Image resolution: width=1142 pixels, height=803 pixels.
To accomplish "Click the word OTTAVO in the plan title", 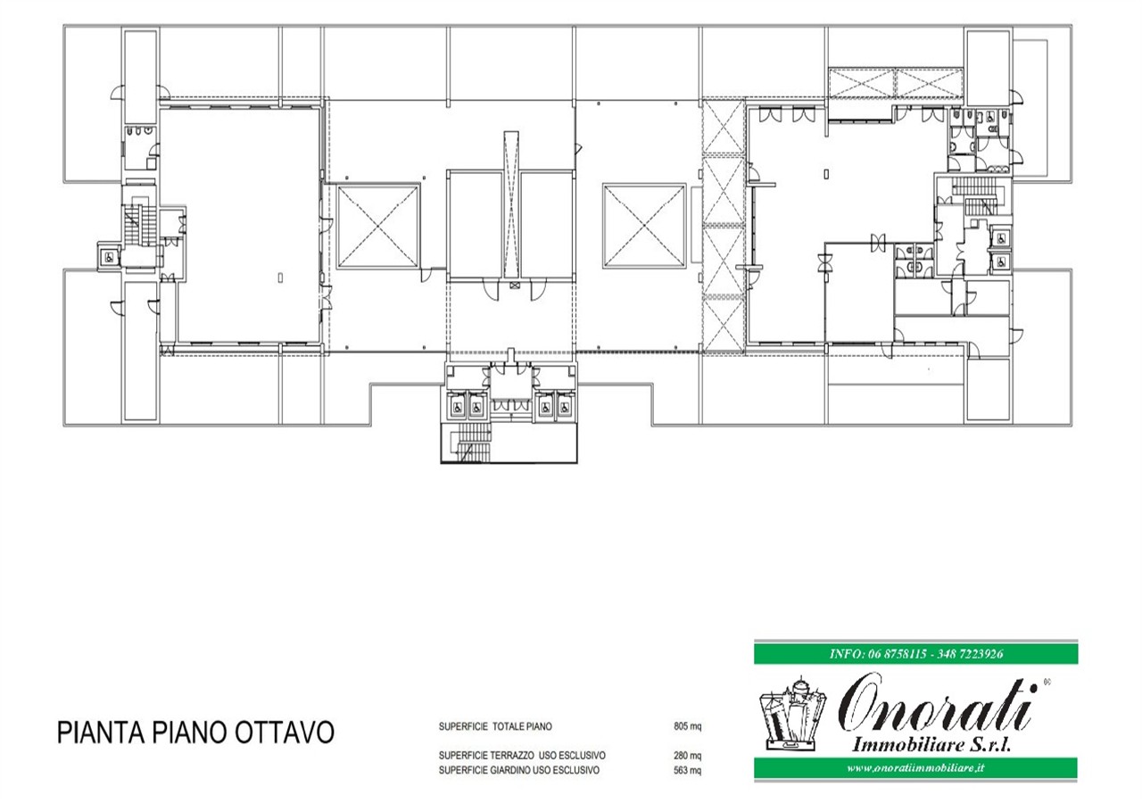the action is pos(284,733).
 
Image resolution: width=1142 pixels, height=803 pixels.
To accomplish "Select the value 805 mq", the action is pos(687,726).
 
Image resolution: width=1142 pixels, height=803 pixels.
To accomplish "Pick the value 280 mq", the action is pos(687,756).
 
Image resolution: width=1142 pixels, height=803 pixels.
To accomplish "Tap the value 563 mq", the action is pos(687,770).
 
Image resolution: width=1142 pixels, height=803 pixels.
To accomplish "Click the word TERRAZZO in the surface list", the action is pos(511,756).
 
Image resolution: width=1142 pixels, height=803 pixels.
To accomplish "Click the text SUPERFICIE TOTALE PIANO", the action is pos(495,726).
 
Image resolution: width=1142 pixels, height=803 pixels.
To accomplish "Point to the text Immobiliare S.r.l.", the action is pos(931,745).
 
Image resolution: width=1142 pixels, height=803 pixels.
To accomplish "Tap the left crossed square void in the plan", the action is pos(377,226).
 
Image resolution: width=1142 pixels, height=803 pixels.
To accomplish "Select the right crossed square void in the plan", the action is pos(644,226).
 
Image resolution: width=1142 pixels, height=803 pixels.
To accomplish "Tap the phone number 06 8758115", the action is pos(898,654).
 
